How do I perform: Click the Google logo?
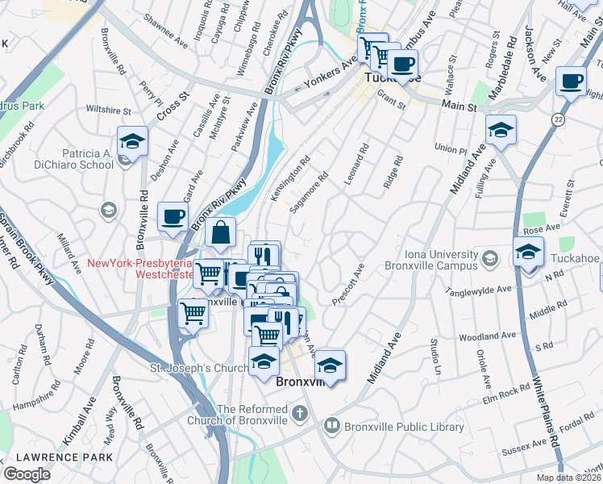27,474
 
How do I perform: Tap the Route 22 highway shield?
558,119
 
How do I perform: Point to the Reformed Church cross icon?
299,415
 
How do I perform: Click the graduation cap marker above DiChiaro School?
132,142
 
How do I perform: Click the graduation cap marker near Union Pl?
500,131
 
